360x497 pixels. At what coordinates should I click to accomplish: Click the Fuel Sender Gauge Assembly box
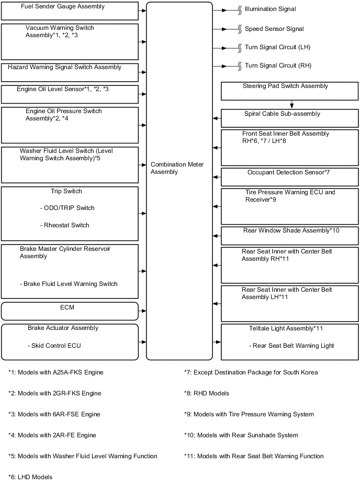pyautogui.click(x=70, y=10)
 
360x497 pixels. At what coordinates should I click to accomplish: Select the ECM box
pyautogui.click(x=70, y=311)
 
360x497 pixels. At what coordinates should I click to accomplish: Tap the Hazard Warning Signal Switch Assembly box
pyautogui.click(x=70, y=72)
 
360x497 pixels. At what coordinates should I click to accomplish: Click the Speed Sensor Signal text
pyautogui.click(x=274, y=29)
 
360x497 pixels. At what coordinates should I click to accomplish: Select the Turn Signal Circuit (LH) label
pyautogui.click(x=277, y=48)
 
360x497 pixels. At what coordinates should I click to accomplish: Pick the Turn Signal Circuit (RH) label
pyautogui.click(x=278, y=66)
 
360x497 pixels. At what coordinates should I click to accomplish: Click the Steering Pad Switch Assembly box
pyautogui.click(x=289, y=91)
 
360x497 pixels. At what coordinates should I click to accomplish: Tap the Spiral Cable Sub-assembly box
pyautogui.click(x=289, y=118)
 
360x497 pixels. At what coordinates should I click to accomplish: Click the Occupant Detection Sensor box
pyautogui.click(x=289, y=177)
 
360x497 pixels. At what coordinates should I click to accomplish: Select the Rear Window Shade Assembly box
pyautogui.click(x=289, y=236)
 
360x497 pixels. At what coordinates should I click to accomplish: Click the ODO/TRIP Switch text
pyautogui.click(x=67, y=208)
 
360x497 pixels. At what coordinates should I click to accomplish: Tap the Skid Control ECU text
pyautogui.click(x=54, y=346)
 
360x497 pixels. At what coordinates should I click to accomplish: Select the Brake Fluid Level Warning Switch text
pyautogui.click(x=69, y=284)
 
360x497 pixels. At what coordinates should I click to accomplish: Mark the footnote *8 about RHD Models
pyautogui.click(x=207, y=393)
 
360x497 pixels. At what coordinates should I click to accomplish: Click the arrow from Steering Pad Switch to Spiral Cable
pyautogui.click(x=291, y=105)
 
